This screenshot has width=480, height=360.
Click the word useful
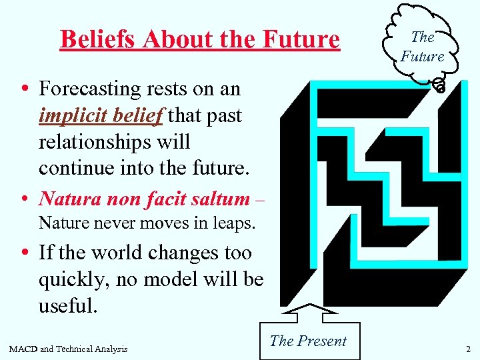point(68,306)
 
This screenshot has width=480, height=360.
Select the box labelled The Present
point(308,341)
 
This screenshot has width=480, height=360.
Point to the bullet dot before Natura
point(24,199)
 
